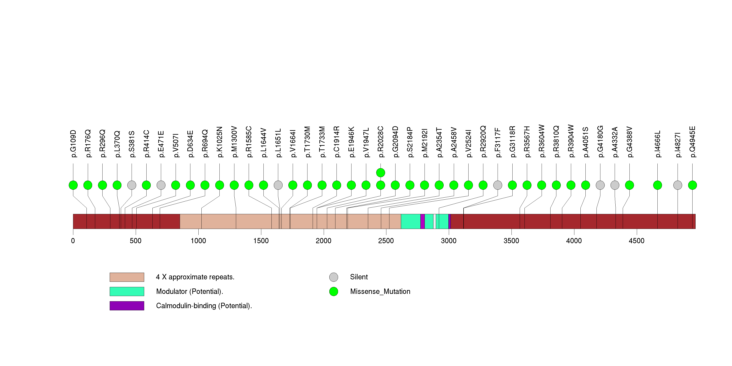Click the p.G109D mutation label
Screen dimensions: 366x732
(x=73, y=144)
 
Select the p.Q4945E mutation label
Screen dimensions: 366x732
(x=693, y=142)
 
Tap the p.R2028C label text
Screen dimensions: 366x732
(x=381, y=142)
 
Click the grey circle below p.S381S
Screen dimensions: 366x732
(x=132, y=185)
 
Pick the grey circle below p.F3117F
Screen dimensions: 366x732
(x=498, y=185)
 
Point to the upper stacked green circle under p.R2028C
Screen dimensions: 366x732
(x=381, y=173)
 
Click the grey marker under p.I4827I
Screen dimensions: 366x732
(x=678, y=185)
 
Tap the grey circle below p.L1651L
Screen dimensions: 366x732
(x=278, y=185)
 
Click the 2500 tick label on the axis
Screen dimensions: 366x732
(x=386, y=241)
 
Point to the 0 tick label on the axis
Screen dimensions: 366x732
(x=73, y=241)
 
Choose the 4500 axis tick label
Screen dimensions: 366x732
(x=637, y=241)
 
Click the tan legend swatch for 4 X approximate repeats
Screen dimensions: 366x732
(x=127, y=277)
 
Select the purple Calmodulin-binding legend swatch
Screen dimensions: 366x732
(x=127, y=306)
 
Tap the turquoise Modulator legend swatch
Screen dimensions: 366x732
(x=127, y=291)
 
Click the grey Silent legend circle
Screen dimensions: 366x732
(x=334, y=277)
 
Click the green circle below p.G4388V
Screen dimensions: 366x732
(x=629, y=185)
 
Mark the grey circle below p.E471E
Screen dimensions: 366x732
(x=161, y=185)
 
